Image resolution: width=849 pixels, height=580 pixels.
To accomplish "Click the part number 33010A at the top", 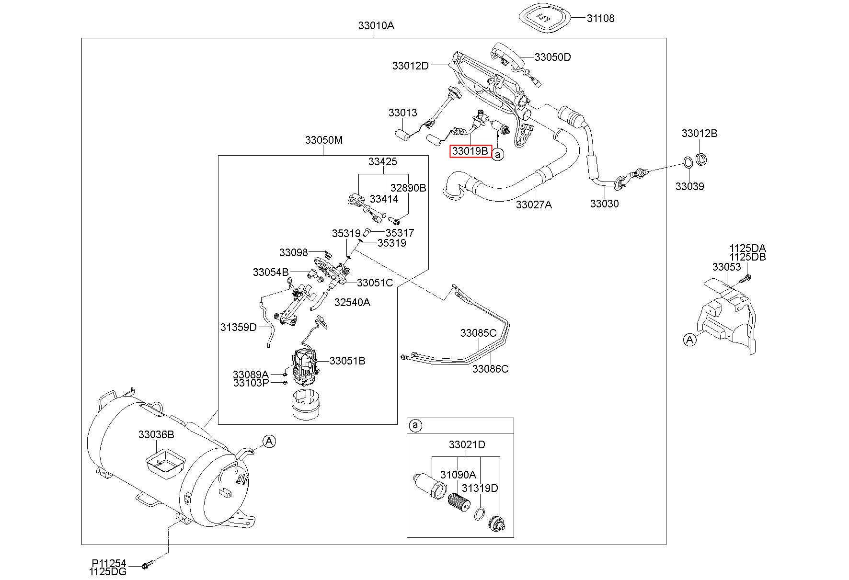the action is [x=376, y=25].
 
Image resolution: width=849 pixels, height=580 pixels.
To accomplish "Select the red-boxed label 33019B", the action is [x=470, y=152].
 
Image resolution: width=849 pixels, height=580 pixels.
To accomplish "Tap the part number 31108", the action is [x=600, y=18].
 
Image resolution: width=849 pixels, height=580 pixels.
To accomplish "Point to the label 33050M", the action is [x=324, y=140].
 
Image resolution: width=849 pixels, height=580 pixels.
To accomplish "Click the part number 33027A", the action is [x=534, y=205].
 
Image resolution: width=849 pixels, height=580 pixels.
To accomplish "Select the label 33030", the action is [x=604, y=204].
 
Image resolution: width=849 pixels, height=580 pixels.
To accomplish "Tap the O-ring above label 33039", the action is [x=686, y=162].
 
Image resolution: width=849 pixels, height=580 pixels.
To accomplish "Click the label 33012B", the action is [x=700, y=133].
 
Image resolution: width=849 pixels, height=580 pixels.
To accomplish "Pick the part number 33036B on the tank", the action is [x=156, y=434].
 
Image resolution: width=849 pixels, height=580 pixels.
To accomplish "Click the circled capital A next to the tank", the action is [x=269, y=441].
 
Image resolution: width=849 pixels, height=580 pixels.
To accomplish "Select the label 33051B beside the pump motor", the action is [x=347, y=361].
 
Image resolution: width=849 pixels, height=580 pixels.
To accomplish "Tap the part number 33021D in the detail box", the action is [x=467, y=444].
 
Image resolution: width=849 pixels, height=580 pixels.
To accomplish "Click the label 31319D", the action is [x=480, y=488].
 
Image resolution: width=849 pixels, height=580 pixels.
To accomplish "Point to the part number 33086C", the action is [x=490, y=369].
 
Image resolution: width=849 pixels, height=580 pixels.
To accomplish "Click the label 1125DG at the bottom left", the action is [x=108, y=571].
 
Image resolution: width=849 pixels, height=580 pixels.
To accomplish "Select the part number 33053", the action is [x=726, y=267].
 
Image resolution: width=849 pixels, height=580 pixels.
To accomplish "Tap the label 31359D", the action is [x=239, y=327].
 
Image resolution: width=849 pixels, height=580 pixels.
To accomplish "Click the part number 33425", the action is [x=382, y=161].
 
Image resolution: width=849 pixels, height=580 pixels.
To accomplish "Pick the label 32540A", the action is [x=352, y=302].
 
